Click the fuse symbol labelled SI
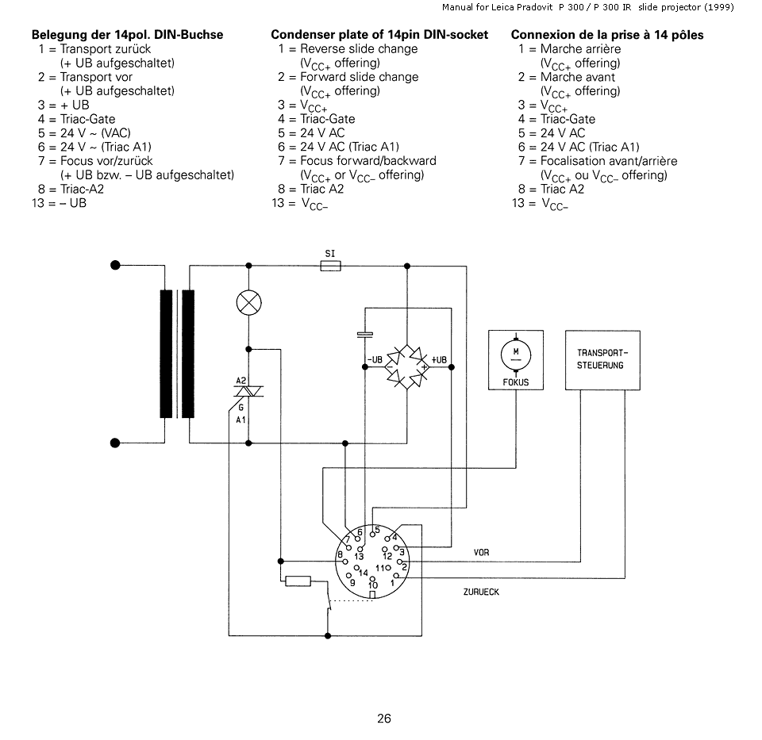pyautogui.click(x=330, y=266)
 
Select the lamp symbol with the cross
pyautogui.click(x=248, y=303)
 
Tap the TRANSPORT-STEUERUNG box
pyautogui.click(x=602, y=360)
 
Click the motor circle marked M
pyautogui.click(x=516, y=355)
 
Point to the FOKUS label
pyautogui.click(x=516, y=382)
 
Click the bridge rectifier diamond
pyautogui.click(x=406, y=367)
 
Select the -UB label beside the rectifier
pyautogui.click(x=375, y=360)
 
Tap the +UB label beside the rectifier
pyautogui.click(x=439, y=360)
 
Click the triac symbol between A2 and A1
pyautogui.click(x=248, y=391)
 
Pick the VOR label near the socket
pyautogui.click(x=481, y=553)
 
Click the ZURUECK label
pyautogui.click(x=481, y=592)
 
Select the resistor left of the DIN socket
pyautogui.click(x=298, y=581)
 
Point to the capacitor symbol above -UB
pyautogui.click(x=365, y=334)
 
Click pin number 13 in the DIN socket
pyautogui.click(x=359, y=557)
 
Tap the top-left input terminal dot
pyautogui.click(x=115, y=265)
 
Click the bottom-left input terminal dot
pyautogui.click(x=115, y=443)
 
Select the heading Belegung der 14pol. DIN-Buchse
pyautogui.click(x=127, y=35)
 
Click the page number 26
pyautogui.click(x=384, y=719)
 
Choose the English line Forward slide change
pyautogui.click(x=359, y=77)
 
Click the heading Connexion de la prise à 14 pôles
pyautogui.click(x=607, y=35)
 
